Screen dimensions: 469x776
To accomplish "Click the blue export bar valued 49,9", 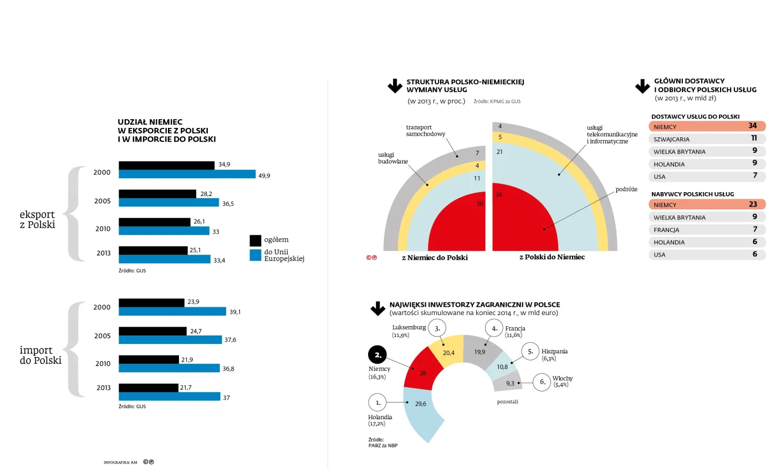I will coord(187,174).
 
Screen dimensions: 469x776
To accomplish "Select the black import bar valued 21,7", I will coord(149,388).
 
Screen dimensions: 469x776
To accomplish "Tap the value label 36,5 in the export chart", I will coord(228,203).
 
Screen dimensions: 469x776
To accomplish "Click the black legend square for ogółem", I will coord(256,240).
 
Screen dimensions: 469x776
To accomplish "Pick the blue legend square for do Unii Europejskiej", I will coord(256,255).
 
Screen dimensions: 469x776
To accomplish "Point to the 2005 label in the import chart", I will coord(102,336).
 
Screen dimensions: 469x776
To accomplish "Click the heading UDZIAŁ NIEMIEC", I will coord(150,122).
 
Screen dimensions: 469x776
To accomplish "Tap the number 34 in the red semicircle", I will coord(499,195).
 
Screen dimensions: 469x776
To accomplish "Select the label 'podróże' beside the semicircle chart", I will coord(626,189).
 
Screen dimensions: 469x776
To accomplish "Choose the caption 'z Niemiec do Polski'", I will coord(435,257).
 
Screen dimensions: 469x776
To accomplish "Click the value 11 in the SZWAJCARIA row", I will coord(754,138).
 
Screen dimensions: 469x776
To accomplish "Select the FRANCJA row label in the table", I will coord(666,230).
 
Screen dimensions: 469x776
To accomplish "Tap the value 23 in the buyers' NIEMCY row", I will coord(753,204).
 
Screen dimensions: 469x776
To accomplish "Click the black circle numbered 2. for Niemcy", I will coord(378,355).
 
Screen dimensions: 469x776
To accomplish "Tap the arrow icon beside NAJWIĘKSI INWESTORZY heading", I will coord(377,308).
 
